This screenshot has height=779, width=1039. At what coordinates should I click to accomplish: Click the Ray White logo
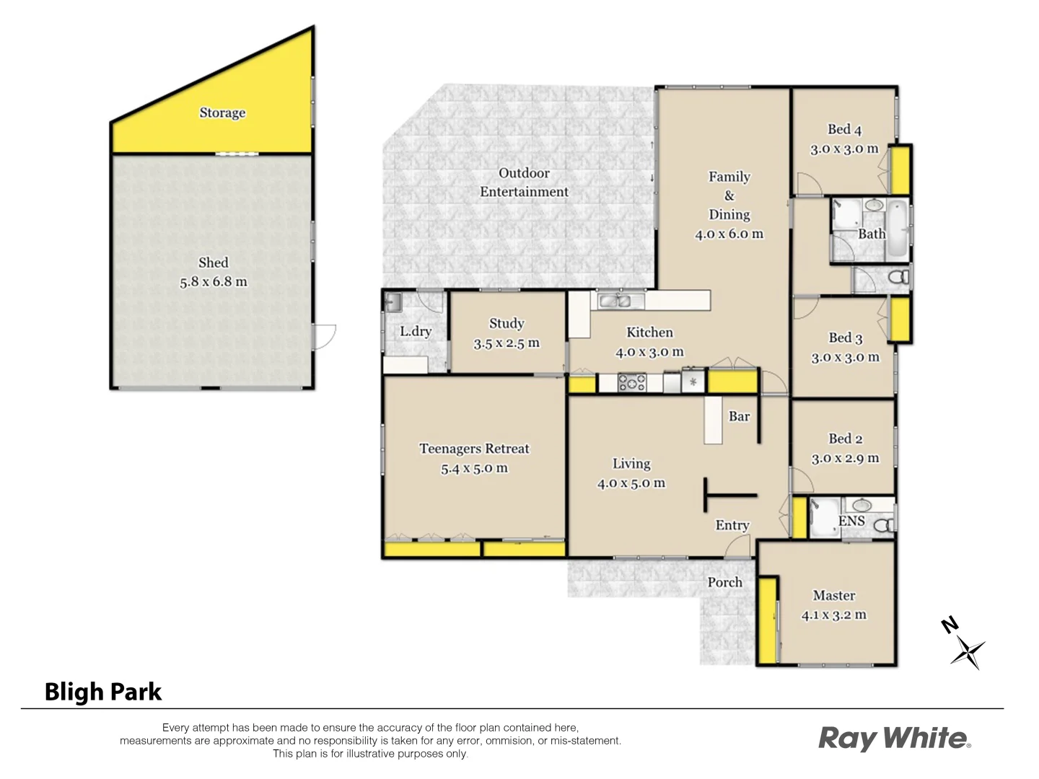click(x=894, y=738)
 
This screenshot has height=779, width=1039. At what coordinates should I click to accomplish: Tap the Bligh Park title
click(x=103, y=692)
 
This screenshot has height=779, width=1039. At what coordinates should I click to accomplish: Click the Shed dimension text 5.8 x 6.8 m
click(x=214, y=282)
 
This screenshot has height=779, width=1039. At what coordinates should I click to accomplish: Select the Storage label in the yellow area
click(x=222, y=113)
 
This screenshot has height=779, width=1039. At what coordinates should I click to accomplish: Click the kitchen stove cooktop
click(x=632, y=382)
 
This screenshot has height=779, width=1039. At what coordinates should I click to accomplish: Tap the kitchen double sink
click(x=615, y=301)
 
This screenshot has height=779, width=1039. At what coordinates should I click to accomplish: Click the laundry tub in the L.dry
click(x=393, y=302)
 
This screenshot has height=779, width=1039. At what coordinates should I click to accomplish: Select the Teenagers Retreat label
click(x=474, y=449)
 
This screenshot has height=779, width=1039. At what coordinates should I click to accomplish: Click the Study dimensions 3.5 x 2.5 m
click(x=507, y=343)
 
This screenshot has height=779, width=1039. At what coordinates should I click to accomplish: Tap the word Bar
click(x=739, y=416)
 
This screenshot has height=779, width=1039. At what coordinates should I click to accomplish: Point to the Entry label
click(x=732, y=525)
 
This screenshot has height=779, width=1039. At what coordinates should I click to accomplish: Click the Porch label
click(x=724, y=582)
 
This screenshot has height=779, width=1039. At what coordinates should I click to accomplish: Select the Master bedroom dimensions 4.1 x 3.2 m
click(x=834, y=615)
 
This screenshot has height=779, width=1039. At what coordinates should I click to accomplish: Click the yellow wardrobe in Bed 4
click(x=899, y=170)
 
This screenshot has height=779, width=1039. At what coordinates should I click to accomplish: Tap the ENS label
click(x=851, y=521)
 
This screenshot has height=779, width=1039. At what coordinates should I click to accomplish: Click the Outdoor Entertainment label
click(x=524, y=182)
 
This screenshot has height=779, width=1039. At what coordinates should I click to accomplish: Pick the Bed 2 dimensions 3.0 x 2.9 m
click(x=845, y=458)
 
